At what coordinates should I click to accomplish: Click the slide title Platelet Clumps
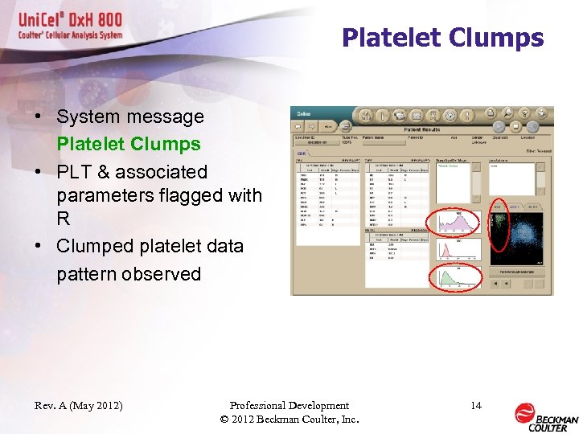[x=442, y=38]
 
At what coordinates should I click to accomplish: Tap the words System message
[x=130, y=117]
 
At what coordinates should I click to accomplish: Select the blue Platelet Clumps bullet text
[x=129, y=145]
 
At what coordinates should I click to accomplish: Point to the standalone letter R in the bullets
[x=63, y=219]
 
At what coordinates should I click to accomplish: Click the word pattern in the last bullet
[x=88, y=274]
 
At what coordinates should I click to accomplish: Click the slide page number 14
[x=476, y=406]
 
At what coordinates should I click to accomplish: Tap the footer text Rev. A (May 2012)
[x=79, y=406]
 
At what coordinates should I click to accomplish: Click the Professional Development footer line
[x=289, y=406]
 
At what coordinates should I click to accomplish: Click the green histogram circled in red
[x=458, y=279]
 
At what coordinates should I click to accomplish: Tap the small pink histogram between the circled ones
[x=458, y=250]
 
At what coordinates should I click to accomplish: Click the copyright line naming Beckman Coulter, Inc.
[x=289, y=420]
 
